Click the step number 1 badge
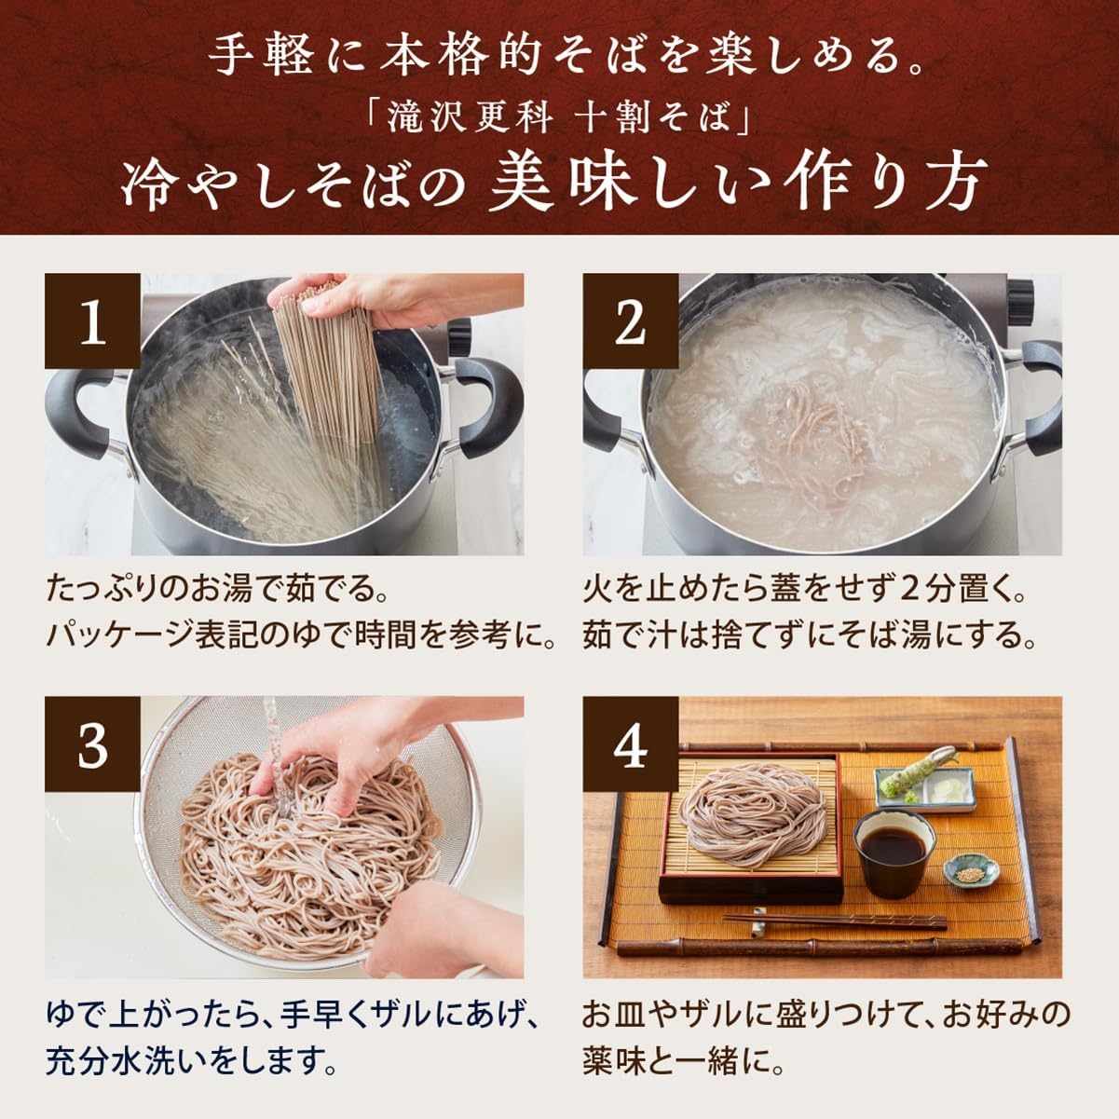(92, 321)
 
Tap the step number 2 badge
(630, 321)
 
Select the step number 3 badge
(92, 744)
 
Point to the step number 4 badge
(630, 744)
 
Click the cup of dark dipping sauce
(894, 850)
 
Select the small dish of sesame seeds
(970, 874)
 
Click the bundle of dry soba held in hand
(321, 363)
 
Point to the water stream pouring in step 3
(272, 745)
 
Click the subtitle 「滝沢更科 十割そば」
(558, 119)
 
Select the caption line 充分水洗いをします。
(191, 1059)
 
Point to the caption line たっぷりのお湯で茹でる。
(216, 591)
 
